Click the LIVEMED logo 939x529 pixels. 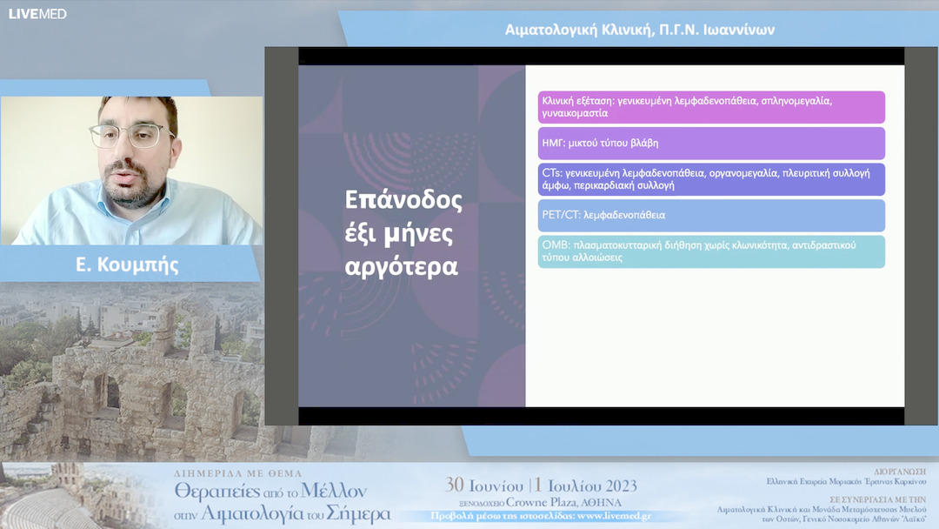point(37,14)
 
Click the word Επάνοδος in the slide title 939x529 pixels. point(403,200)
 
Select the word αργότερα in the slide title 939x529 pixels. point(401,266)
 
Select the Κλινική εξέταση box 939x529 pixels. point(710,107)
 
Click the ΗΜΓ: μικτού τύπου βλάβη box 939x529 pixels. point(710,143)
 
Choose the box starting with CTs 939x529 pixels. point(710,179)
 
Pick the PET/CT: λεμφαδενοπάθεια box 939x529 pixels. point(710,215)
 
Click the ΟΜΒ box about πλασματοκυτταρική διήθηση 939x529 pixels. point(710,251)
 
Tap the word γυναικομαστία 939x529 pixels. point(575,113)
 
